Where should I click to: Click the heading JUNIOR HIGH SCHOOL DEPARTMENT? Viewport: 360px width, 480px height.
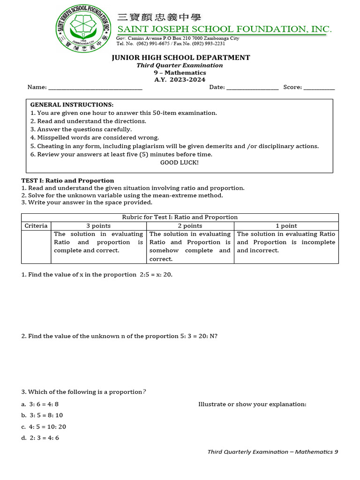point(180,58)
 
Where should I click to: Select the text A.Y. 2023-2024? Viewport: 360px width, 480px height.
point(180,80)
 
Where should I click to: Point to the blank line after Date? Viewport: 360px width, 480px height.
point(253,87)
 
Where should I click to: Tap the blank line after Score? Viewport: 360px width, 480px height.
point(319,87)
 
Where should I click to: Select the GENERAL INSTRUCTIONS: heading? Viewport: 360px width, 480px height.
point(72,105)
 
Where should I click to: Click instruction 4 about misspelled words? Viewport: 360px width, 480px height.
point(95,137)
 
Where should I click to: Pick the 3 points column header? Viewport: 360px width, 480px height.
point(98,225)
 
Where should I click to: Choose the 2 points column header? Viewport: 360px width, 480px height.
point(190,225)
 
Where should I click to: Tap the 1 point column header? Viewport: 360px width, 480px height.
point(286,225)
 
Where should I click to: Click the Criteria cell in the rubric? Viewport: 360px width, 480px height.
point(36,225)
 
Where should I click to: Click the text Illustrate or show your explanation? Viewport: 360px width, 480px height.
point(252,404)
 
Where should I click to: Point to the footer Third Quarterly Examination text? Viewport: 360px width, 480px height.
point(272,452)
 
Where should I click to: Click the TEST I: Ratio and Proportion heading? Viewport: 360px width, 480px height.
point(67,180)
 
